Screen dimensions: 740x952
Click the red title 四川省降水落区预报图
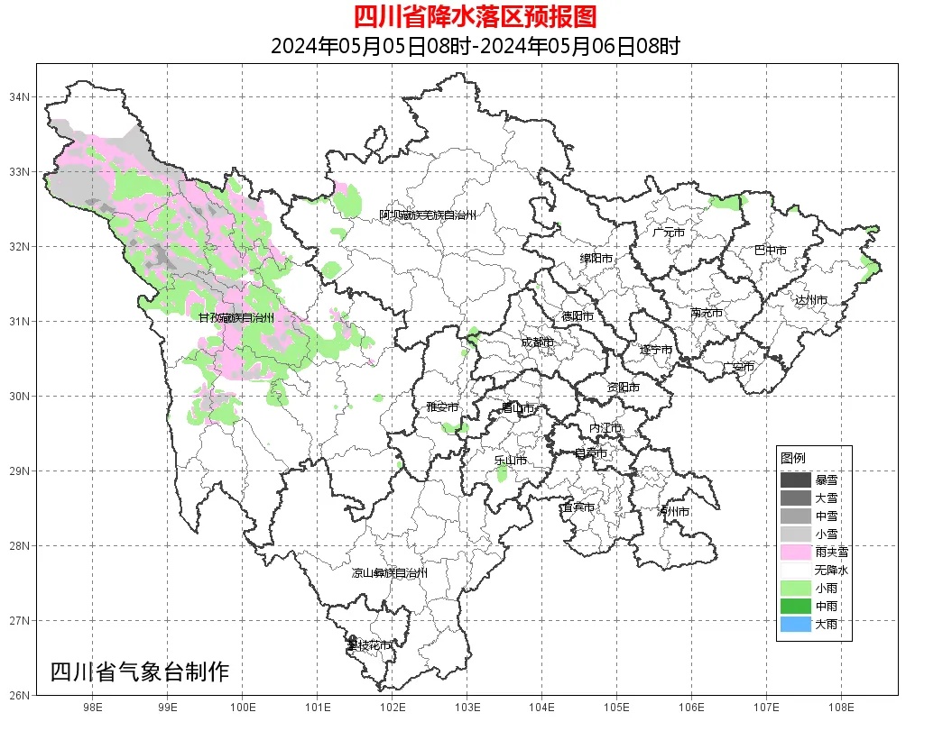pos(476,16)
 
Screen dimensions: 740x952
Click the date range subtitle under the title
pos(476,46)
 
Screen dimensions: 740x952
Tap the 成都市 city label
pos(537,343)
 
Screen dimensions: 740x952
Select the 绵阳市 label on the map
pos(596,259)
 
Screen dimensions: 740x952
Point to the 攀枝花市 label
pos(369,645)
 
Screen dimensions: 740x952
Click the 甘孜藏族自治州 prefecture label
pos(236,317)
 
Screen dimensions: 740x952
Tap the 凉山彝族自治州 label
pos(389,573)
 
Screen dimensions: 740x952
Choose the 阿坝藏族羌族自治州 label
pos(427,215)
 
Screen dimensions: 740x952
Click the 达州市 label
pos(810,299)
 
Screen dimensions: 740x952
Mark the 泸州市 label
pos(673,511)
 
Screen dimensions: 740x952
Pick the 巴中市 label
pos(770,251)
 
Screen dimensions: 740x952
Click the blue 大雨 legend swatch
pos(796,624)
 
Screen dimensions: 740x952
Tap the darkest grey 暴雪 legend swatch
pos(796,480)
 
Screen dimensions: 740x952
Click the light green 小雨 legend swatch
pos(796,588)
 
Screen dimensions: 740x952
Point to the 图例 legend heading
pos(792,458)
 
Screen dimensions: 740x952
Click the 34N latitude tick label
pos(21,96)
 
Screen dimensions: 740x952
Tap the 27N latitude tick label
pos(21,620)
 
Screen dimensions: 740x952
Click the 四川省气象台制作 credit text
pos(140,671)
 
